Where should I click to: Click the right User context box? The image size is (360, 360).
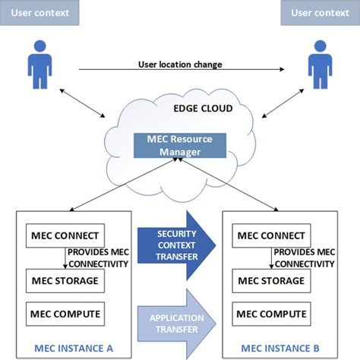coord(320,13)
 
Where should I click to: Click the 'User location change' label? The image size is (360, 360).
coord(179,65)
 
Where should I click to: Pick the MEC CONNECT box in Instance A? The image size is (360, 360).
coord(64,235)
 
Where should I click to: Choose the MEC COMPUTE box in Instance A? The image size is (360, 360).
coord(64,312)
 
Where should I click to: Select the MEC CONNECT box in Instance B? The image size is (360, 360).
coord(270,235)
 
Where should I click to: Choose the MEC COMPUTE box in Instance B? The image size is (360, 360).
coord(270,312)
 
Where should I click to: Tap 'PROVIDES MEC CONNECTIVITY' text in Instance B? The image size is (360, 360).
coord(304,257)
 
